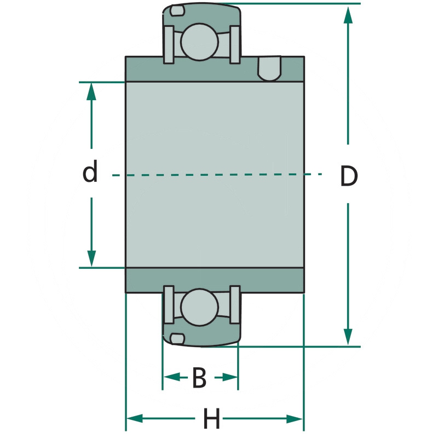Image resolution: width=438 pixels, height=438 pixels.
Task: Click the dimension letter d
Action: [x=90, y=171]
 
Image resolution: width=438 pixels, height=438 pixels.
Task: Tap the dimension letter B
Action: [x=199, y=377]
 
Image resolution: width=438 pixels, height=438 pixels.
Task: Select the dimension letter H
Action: [x=211, y=418]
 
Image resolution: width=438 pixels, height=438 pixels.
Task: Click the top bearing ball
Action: [x=199, y=42]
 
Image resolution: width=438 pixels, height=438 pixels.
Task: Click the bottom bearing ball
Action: [x=199, y=307]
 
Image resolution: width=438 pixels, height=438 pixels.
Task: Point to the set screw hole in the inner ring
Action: [x=269, y=69]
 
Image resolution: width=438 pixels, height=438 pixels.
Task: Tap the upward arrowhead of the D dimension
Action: [x=348, y=15]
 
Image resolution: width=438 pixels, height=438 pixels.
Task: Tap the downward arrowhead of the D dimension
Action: [x=348, y=337]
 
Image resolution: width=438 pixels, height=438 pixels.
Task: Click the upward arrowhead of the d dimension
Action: [x=91, y=91]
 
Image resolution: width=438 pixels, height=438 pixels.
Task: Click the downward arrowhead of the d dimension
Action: [x=91, y=258]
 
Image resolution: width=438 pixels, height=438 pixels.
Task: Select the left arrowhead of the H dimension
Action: [x=135, y=419]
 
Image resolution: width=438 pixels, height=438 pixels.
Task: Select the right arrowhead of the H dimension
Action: [x=295, y=419]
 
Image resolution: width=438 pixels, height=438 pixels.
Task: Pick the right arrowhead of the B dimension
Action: [x=229, y=377]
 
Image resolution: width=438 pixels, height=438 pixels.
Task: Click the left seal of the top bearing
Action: [x=169, y=44]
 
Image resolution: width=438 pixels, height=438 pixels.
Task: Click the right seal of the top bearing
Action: [x=235, y=44]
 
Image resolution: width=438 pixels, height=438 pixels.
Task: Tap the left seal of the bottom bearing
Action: [x=169, y=304]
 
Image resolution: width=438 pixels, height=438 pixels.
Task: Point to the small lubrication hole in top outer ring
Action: [x=177, y=10]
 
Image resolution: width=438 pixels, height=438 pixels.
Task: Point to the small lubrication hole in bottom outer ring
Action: [x=177, y=338]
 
